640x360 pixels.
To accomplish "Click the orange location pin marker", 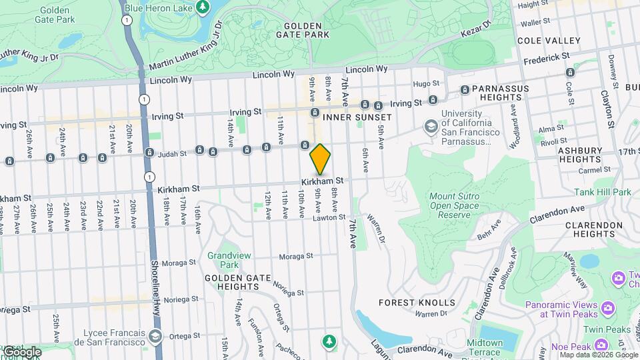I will (x=320, y=159).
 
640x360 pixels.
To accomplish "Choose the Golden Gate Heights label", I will (x=232, y=282).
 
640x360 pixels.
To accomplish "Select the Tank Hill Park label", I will (x=602, y=192).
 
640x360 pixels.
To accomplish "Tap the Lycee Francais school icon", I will (x=156, y=337).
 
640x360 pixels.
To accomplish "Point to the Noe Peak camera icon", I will (x=602, y=344).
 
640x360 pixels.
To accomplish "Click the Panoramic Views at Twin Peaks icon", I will (x=607, y=308).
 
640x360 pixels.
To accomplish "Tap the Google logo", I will (x=22, y=351).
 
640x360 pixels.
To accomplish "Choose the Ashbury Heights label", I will (x=580, y=155).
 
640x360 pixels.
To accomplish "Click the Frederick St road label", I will (x=547, y=59).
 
